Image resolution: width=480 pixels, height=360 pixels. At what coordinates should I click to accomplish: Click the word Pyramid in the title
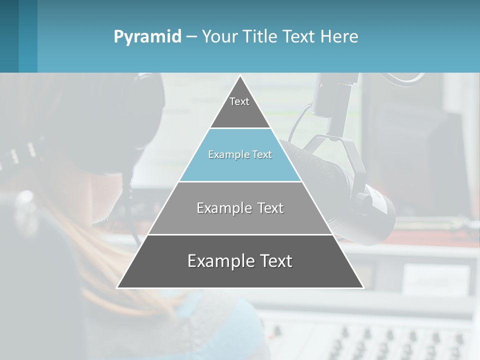[147, 37]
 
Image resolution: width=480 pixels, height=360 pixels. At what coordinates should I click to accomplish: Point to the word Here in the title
[339, 36]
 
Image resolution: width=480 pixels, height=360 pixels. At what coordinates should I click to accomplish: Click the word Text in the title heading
[300, 36]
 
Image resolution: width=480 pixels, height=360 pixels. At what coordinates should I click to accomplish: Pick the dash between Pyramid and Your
[191, 37]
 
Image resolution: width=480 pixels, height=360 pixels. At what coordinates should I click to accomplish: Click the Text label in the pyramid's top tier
[239, 101]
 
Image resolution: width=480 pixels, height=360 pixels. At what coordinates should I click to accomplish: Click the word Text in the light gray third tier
[270, 208]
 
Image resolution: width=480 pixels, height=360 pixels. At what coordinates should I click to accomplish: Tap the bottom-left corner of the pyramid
[118, 287]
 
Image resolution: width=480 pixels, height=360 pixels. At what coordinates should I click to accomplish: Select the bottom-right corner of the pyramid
[363, 287]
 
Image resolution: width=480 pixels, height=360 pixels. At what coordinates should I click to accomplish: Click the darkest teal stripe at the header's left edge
[9, 36]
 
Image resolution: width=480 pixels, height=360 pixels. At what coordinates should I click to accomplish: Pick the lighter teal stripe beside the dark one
[28, 36]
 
